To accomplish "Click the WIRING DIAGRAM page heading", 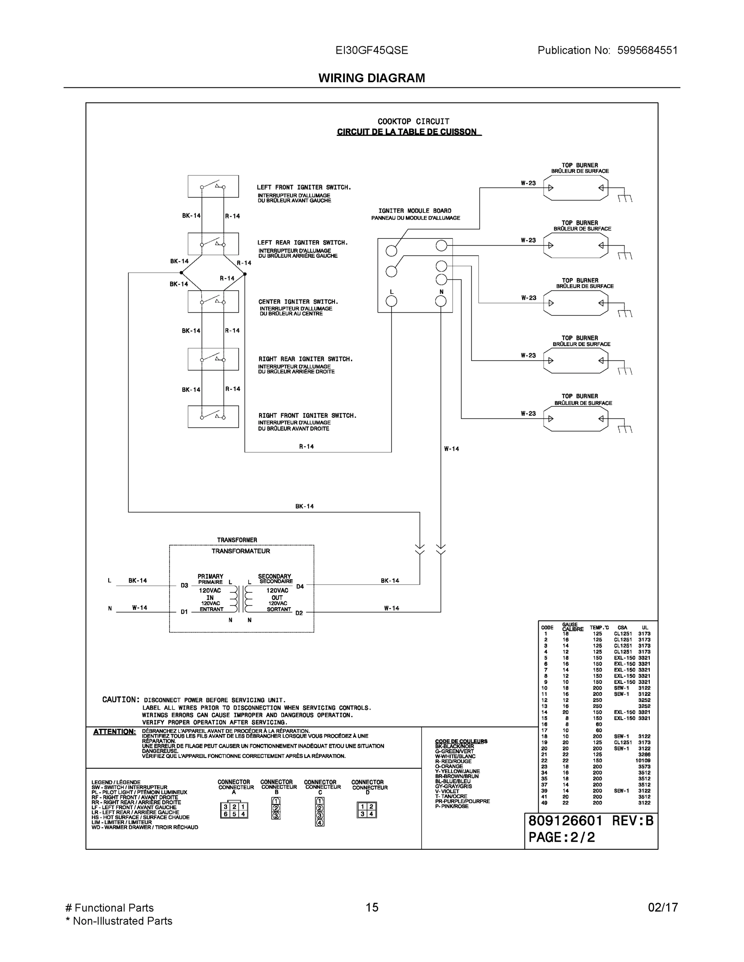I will pos(371,78).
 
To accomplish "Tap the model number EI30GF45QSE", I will pos(371,50).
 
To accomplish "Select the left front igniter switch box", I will pos(213,186).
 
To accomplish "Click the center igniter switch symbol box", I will pos(213,301).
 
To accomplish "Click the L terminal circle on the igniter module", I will pos(391,301).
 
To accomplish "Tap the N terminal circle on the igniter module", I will pos(441,301).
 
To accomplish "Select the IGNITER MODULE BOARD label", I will pos(415,211).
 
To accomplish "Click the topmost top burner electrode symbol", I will pos(575,188).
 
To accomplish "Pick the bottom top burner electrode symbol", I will pos(575,418).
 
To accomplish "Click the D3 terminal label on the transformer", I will pos(184,585).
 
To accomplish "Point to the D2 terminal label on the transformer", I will pos(299,613).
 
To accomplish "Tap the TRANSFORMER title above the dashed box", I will pos(237,540).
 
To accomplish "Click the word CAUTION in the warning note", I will pos(120,699).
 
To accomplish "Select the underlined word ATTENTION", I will pos(114,732).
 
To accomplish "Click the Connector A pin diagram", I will pos(234,810).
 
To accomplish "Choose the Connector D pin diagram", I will pos(367,810).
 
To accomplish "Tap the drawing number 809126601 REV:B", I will pos(591,821).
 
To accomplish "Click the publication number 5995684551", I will pos(647,50).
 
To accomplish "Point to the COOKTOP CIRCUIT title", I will pos(414,121).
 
